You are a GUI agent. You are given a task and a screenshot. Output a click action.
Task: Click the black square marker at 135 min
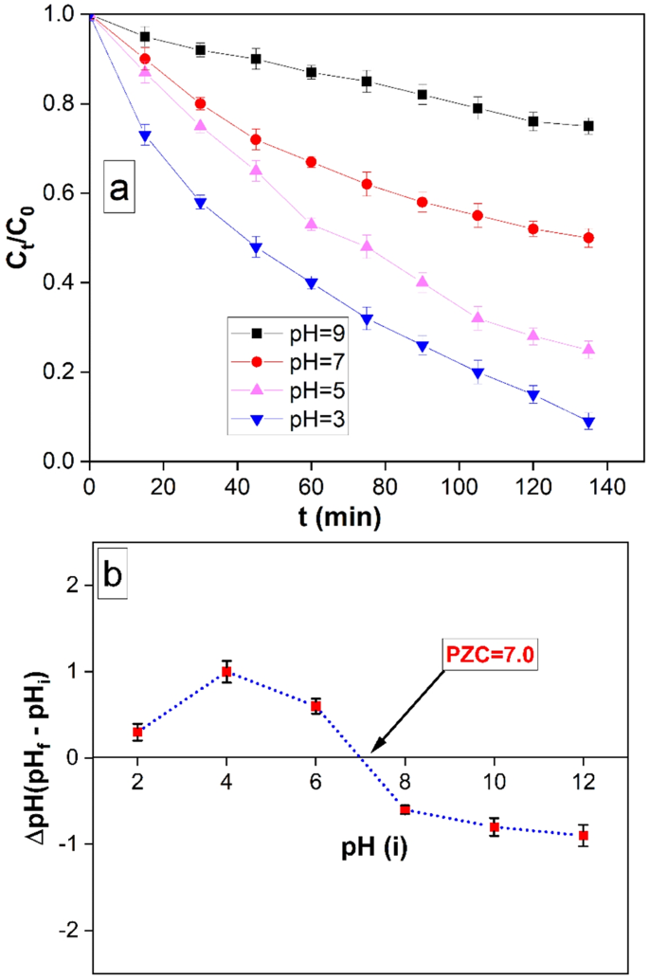point(588,126)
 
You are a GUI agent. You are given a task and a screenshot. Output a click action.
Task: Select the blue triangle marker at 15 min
point(145,136)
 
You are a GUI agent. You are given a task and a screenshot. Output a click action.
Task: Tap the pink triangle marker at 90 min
point(423,281)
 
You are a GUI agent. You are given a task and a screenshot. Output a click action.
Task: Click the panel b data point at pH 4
point(226,671)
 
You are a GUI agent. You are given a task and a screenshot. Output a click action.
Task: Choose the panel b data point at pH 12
point(585,835)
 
